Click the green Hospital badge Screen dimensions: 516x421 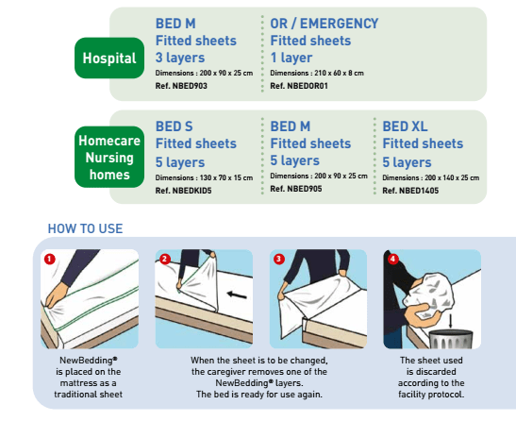click(x=109, y=58)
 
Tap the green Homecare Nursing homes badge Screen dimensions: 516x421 click(x=109, y=157)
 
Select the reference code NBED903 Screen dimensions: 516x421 click(x=181, y=86)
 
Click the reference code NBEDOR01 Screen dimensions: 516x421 click(x=299, y=86)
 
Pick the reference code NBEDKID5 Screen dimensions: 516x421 click(x=184, y=191)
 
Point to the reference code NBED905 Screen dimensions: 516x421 click(x=296, y=189)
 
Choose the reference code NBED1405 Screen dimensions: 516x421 click(x=410, y=191)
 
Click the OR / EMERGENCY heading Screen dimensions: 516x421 click(x=325, y=24)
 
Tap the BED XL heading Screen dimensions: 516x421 click(x=405, y=126)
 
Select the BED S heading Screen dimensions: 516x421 click(x=175, y=126)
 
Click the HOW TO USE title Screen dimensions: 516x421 click(x=85, y=228)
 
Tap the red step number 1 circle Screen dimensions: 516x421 click(x=50, y=260)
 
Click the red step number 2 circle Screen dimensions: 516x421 click(x=165, y=260)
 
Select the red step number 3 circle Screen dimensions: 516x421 click(x=279, y=260)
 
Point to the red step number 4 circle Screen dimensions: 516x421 click(x=393, y=260)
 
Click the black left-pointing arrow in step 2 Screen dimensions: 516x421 click(x=237, y=295)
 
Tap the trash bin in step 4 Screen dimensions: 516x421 click(x=451, y=339)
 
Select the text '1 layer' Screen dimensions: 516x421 click(x=291, y=58)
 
